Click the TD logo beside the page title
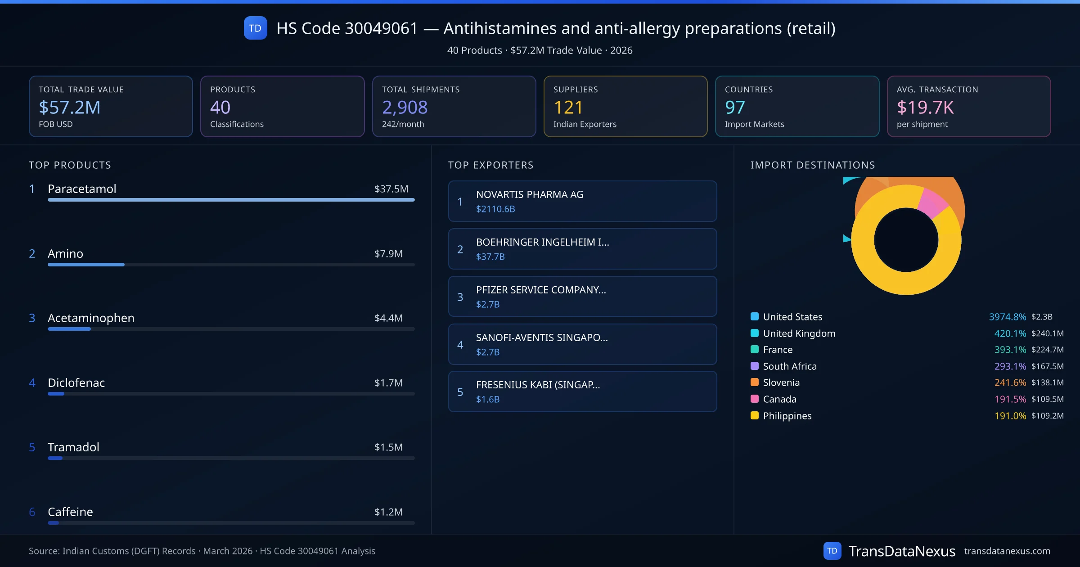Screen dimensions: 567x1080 pos(255,28)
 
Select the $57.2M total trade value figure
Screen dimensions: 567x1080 pos(69,107)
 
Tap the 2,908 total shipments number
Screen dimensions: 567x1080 pos(404,107)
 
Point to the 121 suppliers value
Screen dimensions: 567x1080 pos(568,107)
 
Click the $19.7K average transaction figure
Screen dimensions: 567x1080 pos(925,107)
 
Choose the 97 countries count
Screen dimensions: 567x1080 pos(735,107)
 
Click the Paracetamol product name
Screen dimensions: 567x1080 pos(82,189)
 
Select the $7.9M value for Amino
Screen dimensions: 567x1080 pos(388,253)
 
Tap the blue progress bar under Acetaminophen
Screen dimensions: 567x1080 pos(69,329)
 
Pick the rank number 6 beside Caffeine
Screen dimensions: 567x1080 pos(32,512)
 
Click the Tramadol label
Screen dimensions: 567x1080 pos(73,447)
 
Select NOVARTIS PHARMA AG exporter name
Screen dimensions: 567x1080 pos(529,194)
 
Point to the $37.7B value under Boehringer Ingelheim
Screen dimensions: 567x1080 pos(490,256)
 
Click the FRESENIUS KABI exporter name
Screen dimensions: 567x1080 pos(537,385)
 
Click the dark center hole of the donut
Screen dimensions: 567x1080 pos(906,240)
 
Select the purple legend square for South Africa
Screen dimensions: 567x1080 pos(754,366)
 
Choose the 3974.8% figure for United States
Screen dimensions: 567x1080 pos(1007,317)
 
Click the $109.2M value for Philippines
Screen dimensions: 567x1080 pos(1047,416)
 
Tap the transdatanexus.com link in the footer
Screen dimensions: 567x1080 pos(1007,551)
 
